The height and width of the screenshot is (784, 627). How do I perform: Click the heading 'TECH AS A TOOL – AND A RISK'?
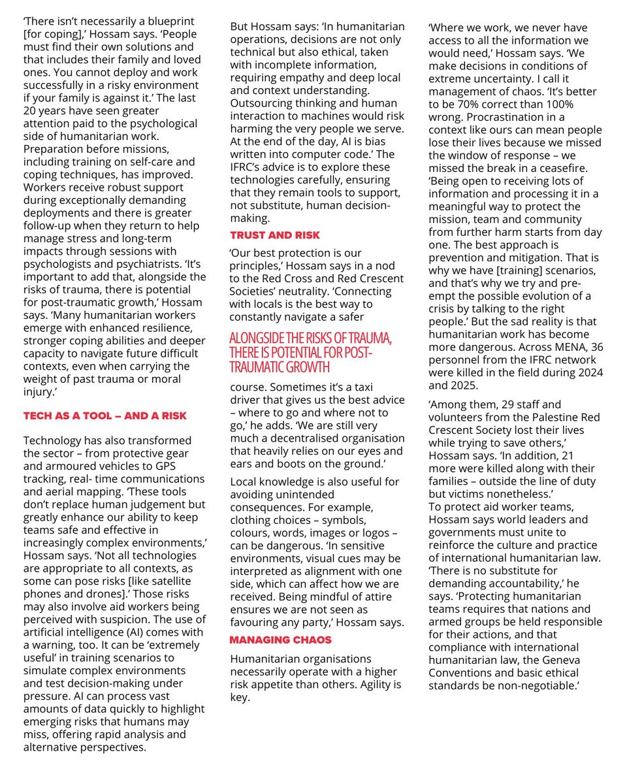coord(104,416)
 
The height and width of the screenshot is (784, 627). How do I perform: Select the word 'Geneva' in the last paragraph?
coord(558,660)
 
